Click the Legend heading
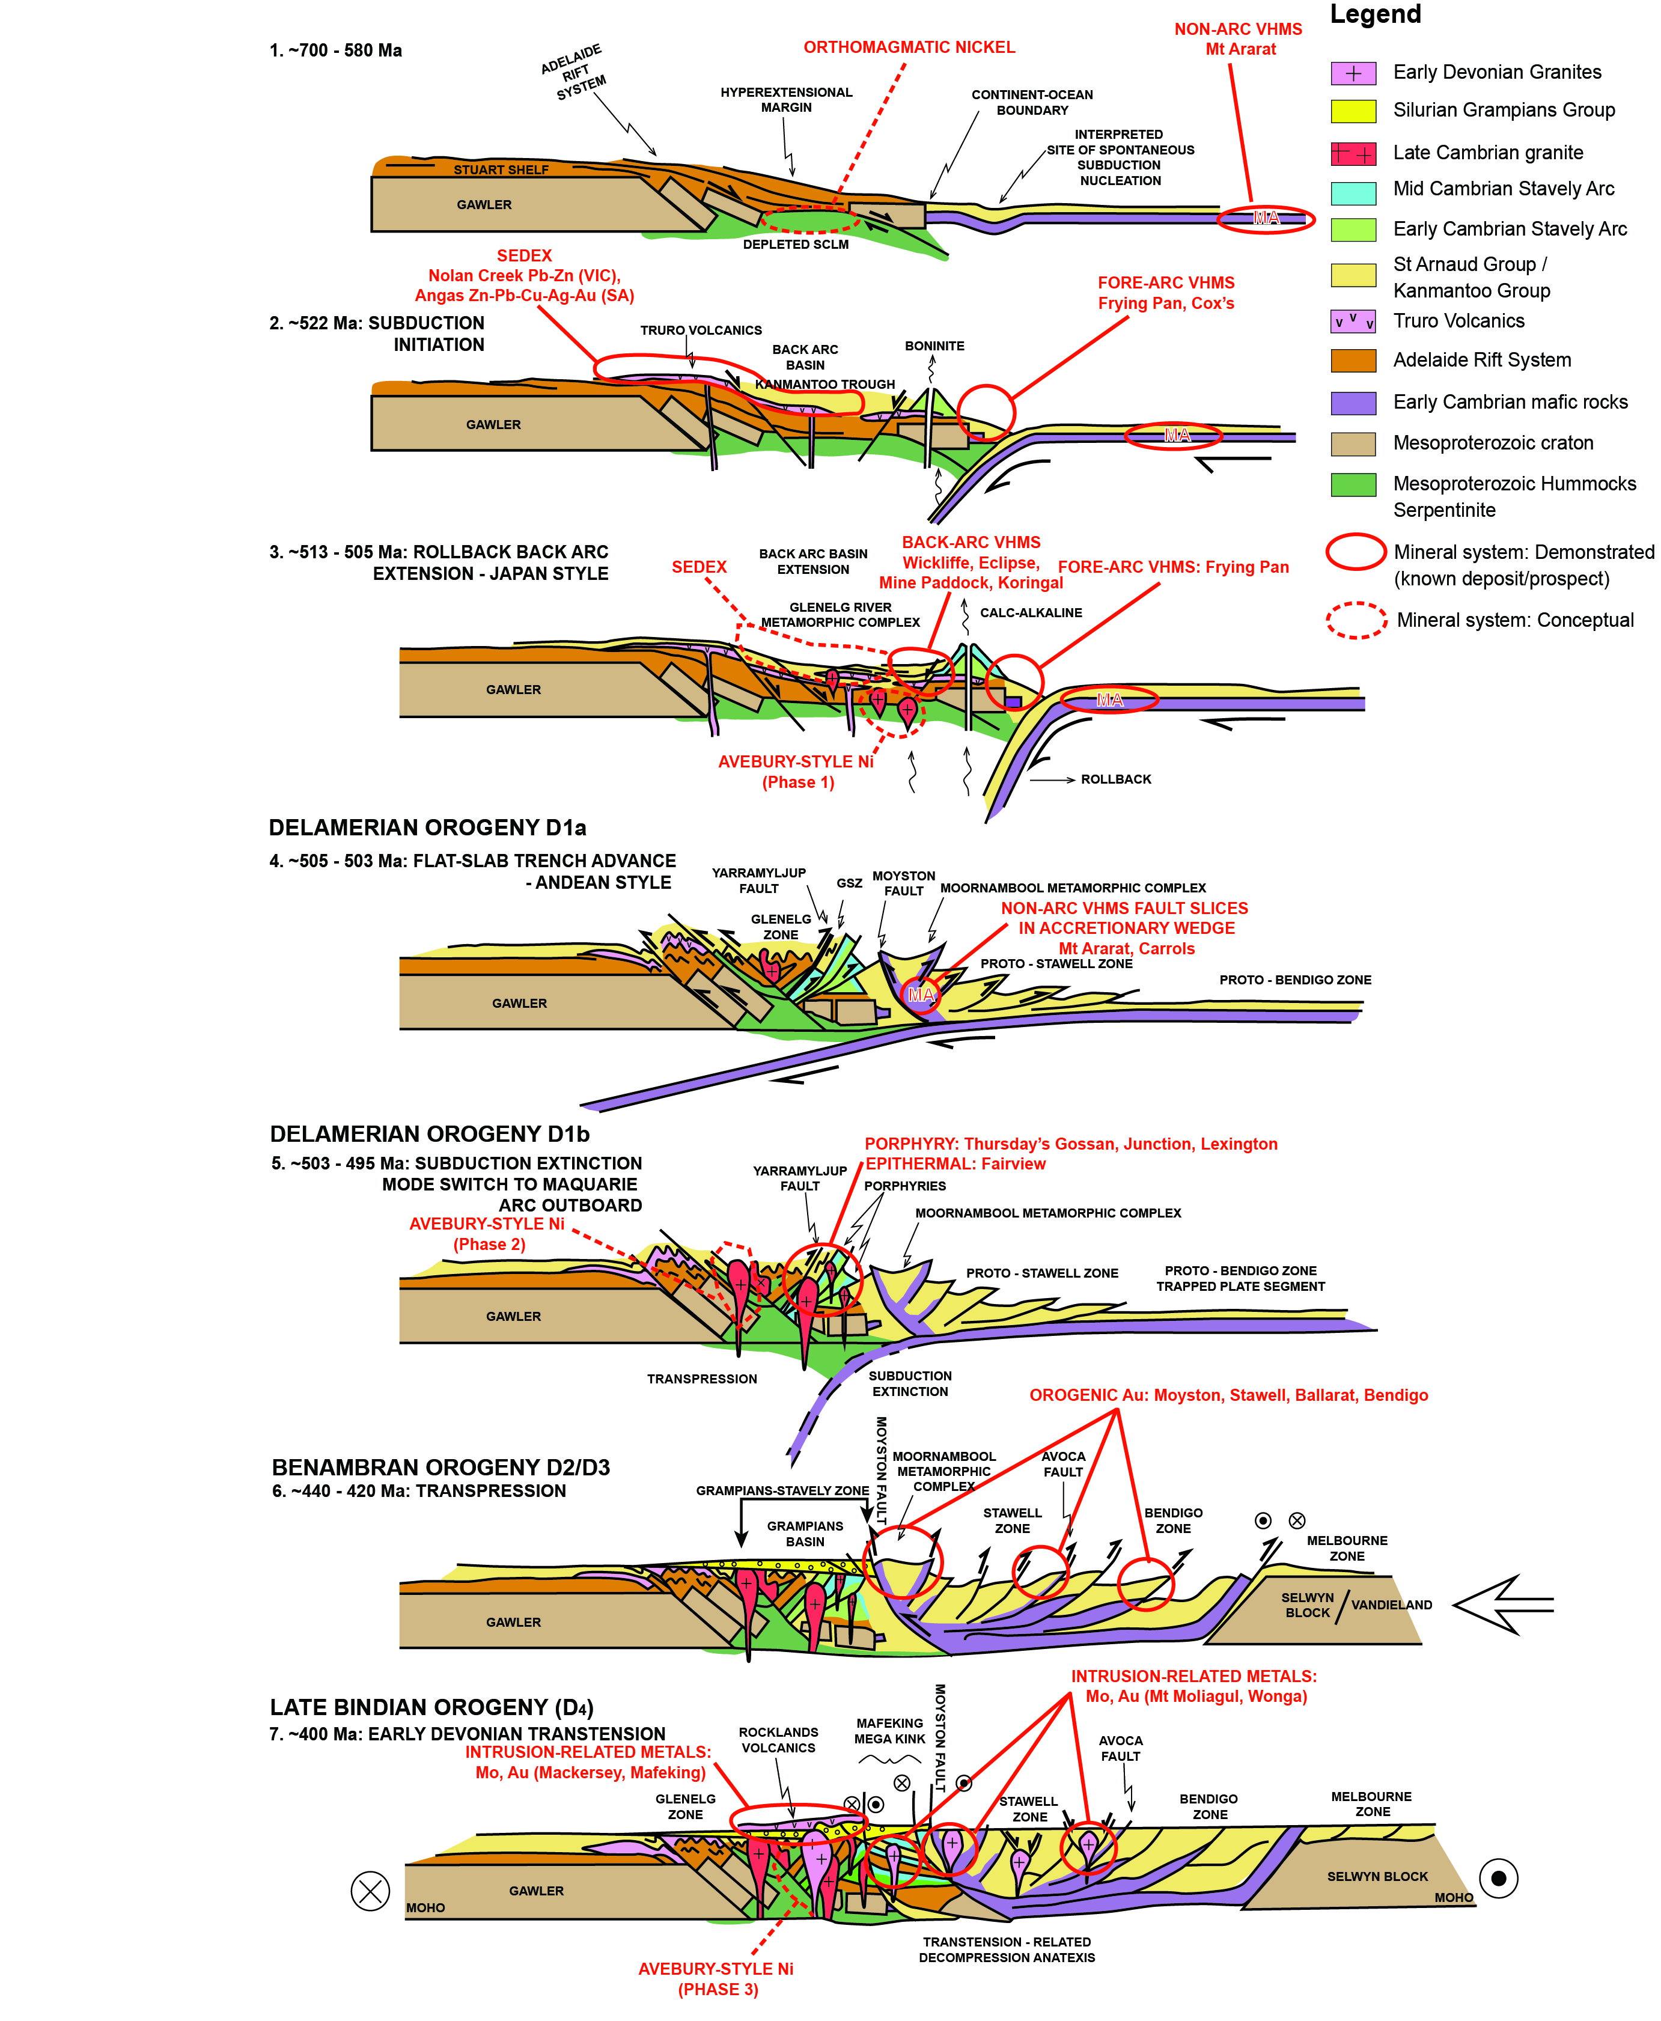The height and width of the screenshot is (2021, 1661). coord(1375,14)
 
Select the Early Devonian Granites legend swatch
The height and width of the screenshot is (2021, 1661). coord(1353,73)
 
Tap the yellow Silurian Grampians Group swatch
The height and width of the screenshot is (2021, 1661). coord(1353,111)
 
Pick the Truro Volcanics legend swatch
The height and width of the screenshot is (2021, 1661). coord(1353,322)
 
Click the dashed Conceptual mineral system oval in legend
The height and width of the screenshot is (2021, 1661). coord(1356,620)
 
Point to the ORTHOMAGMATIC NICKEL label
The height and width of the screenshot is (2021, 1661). coord(909,47)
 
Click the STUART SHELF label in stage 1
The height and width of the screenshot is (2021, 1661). coord(501,170)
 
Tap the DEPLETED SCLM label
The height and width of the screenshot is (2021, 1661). coord(795,244)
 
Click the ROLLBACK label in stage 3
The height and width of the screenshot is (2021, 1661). coord(1115,779)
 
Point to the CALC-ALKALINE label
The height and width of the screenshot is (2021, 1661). coord(1031,612)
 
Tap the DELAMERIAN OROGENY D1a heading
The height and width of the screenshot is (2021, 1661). coord(427,828)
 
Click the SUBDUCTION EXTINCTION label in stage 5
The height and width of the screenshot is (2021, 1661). coord(910,1384)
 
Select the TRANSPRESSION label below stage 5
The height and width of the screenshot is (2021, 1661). coord(701,1379)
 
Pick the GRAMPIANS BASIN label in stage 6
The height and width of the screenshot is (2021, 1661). coord(805,1534)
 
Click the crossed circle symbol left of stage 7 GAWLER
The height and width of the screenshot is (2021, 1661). coord(370,1891)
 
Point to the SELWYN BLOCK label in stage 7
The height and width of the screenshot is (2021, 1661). coord(1377,1877)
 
